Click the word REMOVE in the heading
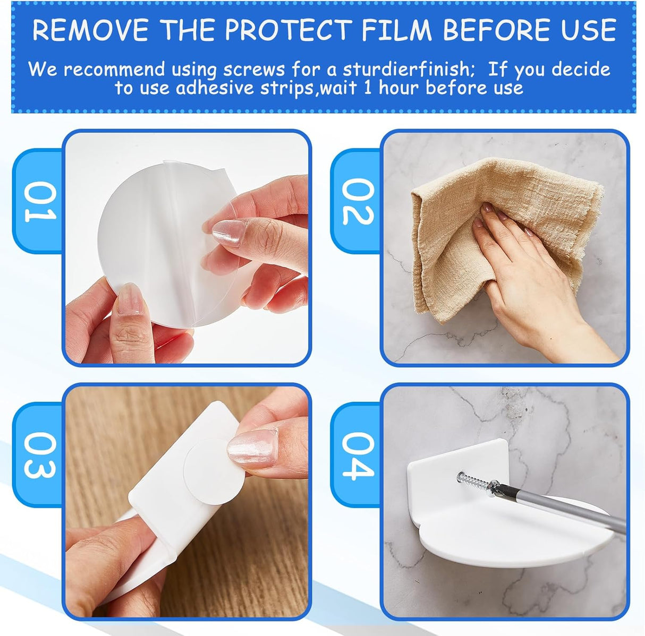(90, 30)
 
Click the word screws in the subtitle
(254, 70)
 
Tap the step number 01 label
(40, 201)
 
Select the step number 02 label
(358, 201)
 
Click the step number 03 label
(40, 455)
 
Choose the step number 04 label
(358, 455)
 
